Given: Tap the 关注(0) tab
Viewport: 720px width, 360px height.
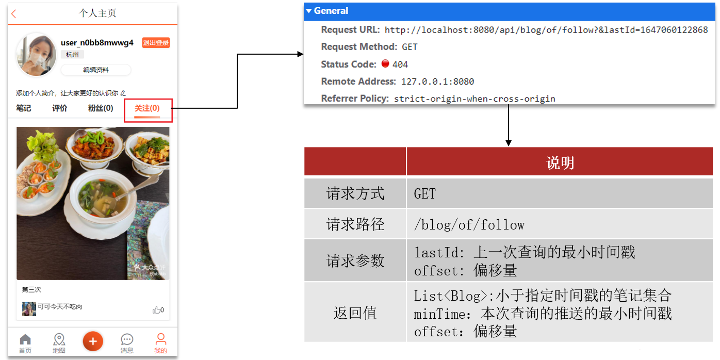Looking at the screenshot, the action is [147, 108].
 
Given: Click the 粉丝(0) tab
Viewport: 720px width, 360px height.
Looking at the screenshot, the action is [101, 108].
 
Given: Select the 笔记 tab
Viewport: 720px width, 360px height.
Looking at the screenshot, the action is [24, 108].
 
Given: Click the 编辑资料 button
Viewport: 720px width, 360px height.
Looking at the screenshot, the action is [96, 70].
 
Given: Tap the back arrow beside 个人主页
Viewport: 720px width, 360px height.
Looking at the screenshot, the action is [14, 14].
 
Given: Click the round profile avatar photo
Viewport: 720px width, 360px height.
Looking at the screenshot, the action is [36, 54].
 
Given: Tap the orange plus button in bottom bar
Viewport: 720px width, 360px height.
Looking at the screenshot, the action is [93, 341].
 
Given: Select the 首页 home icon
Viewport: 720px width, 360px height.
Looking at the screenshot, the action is [25, 340].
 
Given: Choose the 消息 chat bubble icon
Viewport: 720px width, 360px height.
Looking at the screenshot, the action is [127, 340].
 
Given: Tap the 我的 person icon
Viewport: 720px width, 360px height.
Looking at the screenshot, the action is [161, 340].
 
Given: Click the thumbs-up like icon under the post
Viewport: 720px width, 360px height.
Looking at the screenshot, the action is [156, 310].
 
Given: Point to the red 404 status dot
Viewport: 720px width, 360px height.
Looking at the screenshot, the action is [385, 64].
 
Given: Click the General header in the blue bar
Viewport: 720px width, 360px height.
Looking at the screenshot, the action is [331, 11].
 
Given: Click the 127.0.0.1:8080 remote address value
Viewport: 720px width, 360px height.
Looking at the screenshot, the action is [437, 81].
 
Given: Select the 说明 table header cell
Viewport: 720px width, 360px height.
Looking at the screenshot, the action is [560, 163].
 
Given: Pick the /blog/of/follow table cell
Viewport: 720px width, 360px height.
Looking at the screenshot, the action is [469, 224].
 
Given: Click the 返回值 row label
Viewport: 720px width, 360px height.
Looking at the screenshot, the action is [355, 313].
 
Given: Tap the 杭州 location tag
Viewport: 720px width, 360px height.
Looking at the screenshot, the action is [73, 55].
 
